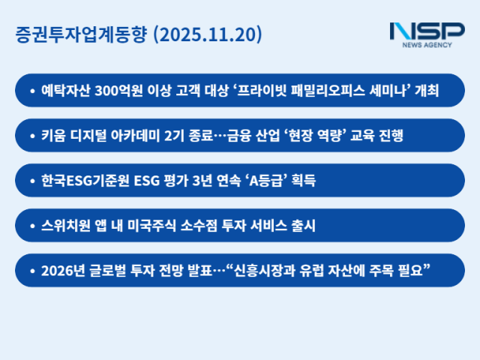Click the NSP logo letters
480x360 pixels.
[x=427, y=31]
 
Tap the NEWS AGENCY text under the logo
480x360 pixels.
[x=427, y=46]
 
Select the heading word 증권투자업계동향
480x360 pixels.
[x=81, y=34]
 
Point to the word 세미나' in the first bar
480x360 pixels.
[x=388, y=91]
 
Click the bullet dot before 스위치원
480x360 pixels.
[x=31, y=226]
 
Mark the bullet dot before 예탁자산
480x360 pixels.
[x=31, y=91]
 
